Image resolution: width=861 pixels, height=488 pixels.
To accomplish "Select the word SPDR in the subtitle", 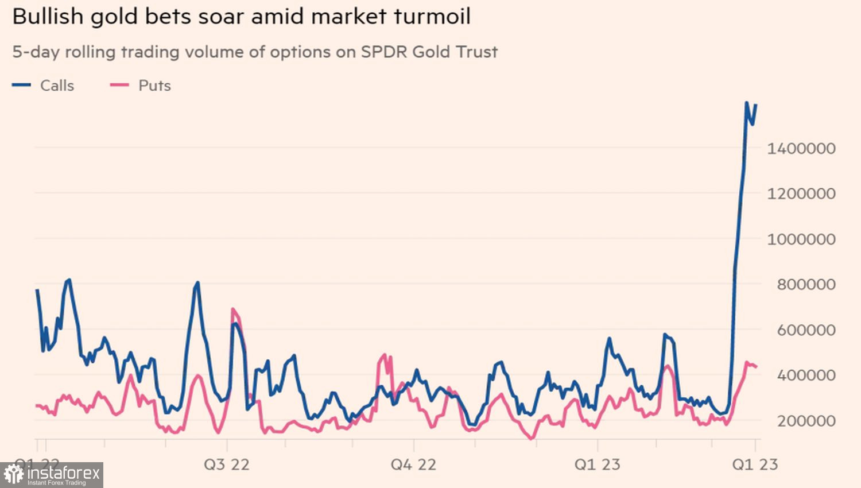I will point(383,52).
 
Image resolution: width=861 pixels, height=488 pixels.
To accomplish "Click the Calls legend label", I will point(57,86).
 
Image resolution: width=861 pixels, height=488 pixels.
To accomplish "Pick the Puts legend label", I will point(154,86).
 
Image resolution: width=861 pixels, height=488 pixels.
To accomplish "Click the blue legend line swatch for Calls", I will point(21,86).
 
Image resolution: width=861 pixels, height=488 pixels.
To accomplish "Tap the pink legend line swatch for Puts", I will point(119,86).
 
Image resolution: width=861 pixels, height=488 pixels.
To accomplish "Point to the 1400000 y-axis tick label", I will point(801,149).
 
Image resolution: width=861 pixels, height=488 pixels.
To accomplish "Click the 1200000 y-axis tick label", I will point(801,194).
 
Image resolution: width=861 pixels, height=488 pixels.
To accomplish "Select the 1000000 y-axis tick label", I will point(801,239).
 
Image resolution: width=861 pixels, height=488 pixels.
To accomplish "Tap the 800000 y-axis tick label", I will point(806,285).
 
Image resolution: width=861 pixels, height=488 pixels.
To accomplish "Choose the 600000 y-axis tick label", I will point(806,330).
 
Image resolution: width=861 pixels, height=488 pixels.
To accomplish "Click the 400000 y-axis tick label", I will point(806,375).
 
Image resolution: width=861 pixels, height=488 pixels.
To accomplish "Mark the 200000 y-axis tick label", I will point(806,421).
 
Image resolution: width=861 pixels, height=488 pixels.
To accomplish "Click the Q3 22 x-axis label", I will point(227,464).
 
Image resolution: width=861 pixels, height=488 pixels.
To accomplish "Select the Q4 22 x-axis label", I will point(413,464).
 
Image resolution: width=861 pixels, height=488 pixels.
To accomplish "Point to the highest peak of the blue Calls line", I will point(746,103).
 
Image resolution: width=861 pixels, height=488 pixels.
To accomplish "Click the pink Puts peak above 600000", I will point(233,309).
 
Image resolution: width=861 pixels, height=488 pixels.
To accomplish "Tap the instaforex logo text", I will point(63,473).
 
